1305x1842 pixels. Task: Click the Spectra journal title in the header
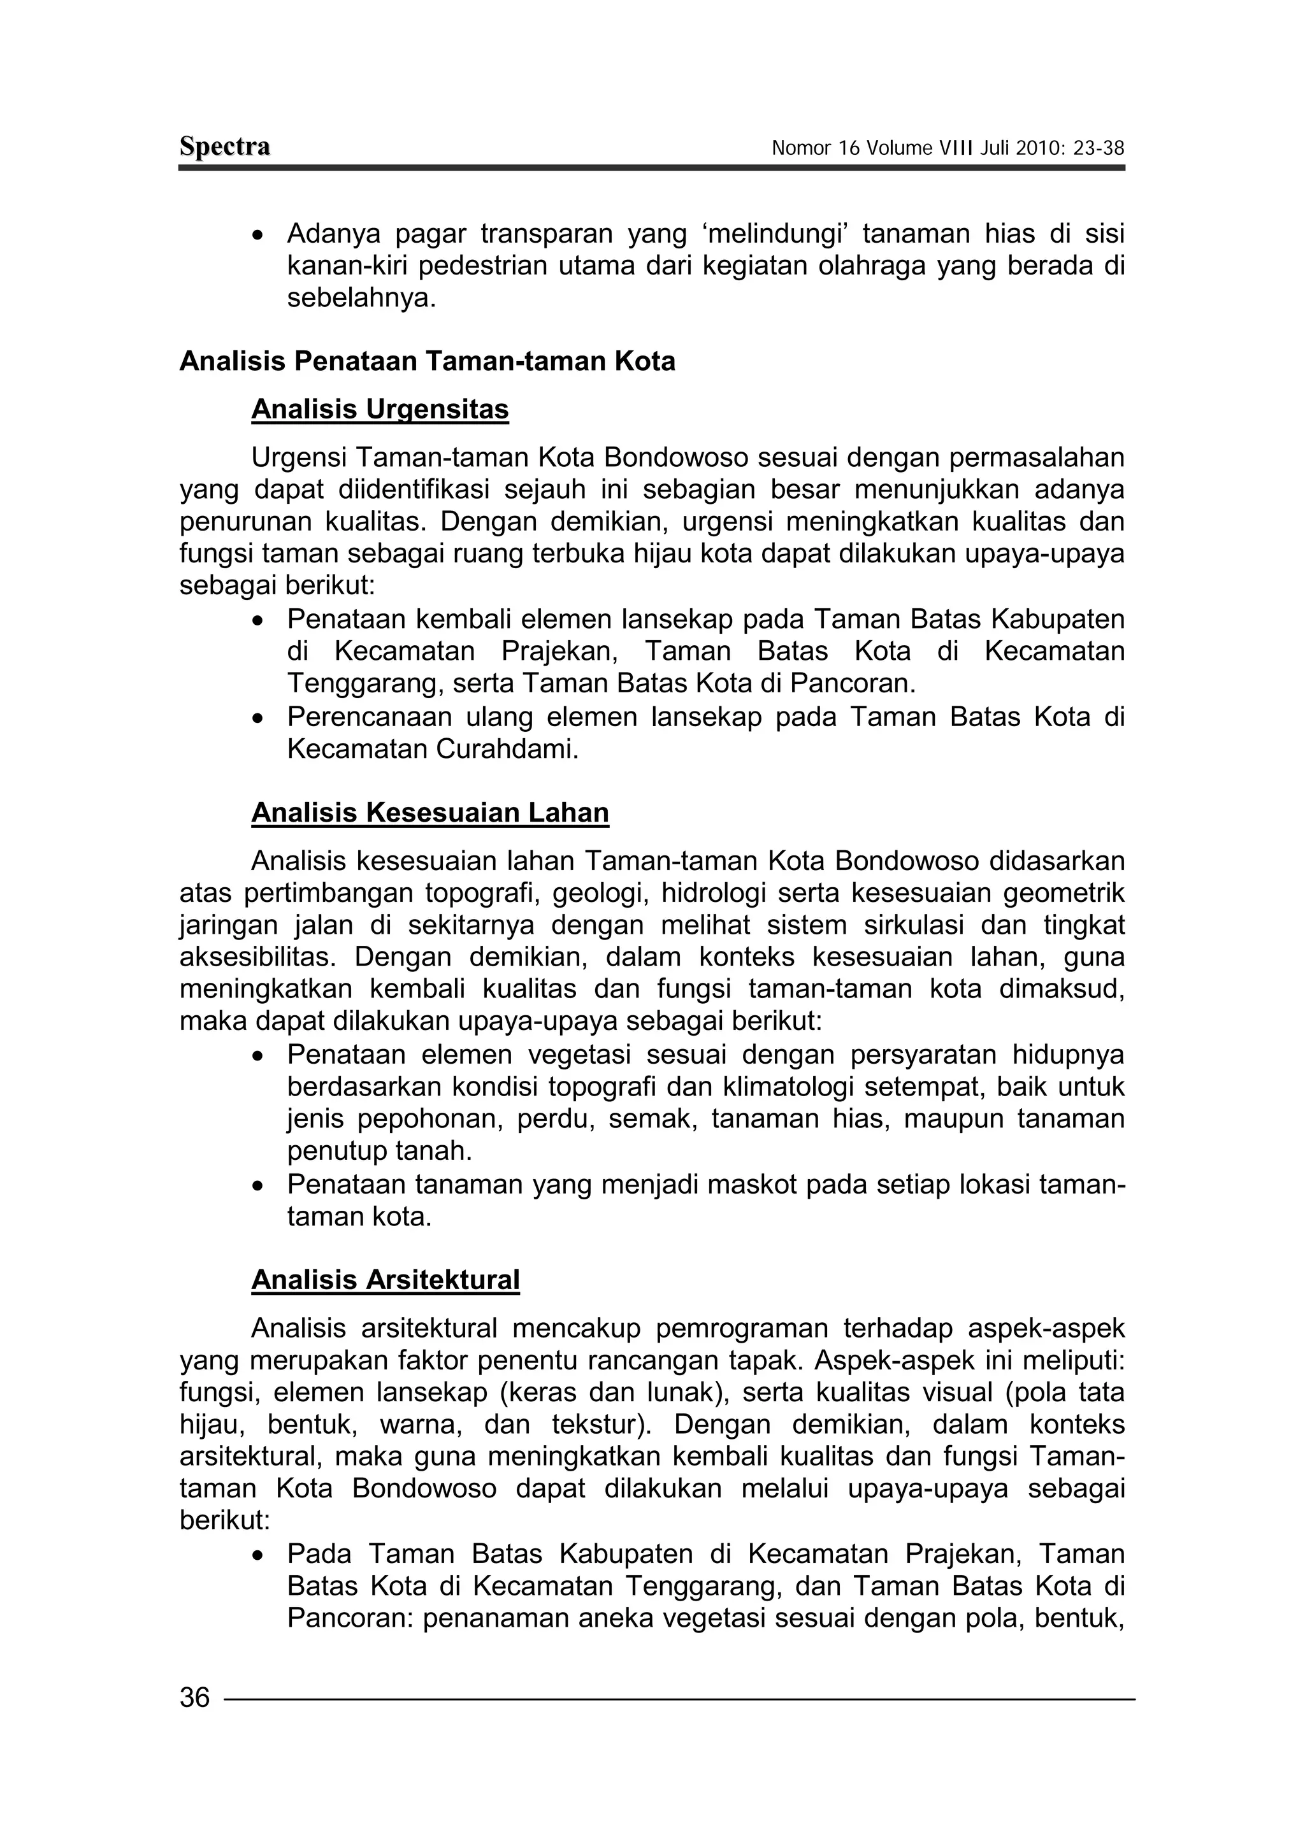tap(224, 147)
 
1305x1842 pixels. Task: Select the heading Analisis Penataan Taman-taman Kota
tap(427, 362)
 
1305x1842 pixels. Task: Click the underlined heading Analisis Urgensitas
tap(380, 410)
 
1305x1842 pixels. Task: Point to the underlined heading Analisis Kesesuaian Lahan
tap(430, 813)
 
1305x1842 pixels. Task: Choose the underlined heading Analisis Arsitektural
tap(385, 1280)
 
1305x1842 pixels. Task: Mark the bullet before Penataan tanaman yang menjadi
tap(257, 1185)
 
